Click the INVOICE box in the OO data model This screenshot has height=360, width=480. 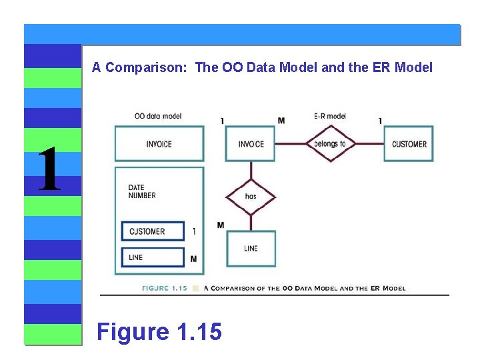click(x=159, y=144)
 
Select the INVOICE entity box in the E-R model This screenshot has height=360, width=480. click(x=251, y=144)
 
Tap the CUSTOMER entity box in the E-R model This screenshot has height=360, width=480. click(x=409, y=144)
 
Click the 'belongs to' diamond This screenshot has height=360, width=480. click(x=330, y=143)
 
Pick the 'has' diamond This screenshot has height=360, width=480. click(x=251, y=196)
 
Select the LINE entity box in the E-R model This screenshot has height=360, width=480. click(x=251, y=249)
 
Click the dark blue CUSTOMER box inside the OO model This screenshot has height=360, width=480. click(x=153, y=231)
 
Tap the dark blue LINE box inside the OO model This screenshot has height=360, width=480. click(x=153, y=257)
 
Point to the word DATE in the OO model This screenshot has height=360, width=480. click(x=136, y=187)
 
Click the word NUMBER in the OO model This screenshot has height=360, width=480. click(x=142, y=195)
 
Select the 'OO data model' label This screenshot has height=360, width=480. click(x=158, y=116)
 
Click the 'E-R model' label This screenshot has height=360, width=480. click(x=330, y=116)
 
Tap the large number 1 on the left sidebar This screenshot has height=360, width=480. click(x=49, y=169)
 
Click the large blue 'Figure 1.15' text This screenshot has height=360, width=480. click(x=159, y=331)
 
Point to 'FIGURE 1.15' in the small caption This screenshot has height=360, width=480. click(x=164, y=289)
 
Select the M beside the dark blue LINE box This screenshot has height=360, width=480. click(x=193, y=259)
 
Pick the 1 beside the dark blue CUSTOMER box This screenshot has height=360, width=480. click(x=193, y=231)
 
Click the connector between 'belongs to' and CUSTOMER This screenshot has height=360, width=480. click(x=369, y=143)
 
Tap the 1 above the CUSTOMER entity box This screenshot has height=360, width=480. click(x=380, y=121)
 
